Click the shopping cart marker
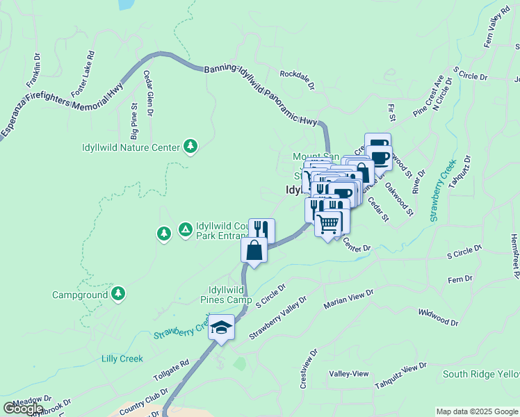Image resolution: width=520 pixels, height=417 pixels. pyautogui.click(x=328, y=224)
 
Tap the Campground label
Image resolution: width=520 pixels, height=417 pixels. pyautogui.click(x=80, y=295)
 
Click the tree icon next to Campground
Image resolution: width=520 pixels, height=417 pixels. pyautogui.click(x=119, y=294)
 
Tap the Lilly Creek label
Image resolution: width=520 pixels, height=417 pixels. pyautogui.click(x=122, y=359)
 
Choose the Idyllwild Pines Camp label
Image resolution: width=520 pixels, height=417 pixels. pyautogui.click(x=225, y=295)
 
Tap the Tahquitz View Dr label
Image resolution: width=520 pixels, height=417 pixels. pyautogui.click(x=400, y=376)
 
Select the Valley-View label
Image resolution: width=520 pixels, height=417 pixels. pyautogui.click(x=349, y=373)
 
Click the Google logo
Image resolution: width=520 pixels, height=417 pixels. pyautogui.click(x=23, y=409)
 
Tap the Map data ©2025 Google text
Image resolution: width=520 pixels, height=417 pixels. pyautogui.click(x=477, y=411)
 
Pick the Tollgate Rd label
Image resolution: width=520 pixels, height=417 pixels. pyautogui.click(x=172, y=373)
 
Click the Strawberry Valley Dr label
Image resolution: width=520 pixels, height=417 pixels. pyautogui.click(x=278, y=319)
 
